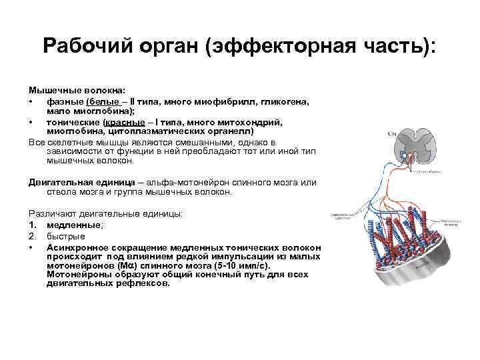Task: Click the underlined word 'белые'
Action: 109,101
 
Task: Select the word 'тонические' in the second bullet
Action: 73,123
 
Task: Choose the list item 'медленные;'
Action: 69,225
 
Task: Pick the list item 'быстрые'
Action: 65,236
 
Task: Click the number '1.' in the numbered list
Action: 33,225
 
